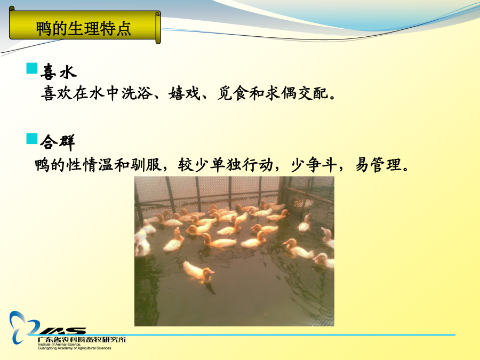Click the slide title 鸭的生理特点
pos(83,28)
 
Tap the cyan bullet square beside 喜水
pos(32,68)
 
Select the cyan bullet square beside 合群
pos(32,138)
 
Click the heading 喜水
pos(59,71)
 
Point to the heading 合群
pos(58,142)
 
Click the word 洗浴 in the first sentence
pos(137,93)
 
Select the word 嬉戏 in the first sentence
pos(185,93)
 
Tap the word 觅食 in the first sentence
pos(233,93)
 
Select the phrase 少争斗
pos(313,165)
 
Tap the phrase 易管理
pos(378,165)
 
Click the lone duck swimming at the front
pos(198,272)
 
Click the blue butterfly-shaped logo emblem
pos(23,327)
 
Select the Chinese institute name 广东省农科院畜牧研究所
pos(82,340)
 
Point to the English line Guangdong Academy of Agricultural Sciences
pos(74,348)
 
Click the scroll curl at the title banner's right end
pos(158,28)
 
